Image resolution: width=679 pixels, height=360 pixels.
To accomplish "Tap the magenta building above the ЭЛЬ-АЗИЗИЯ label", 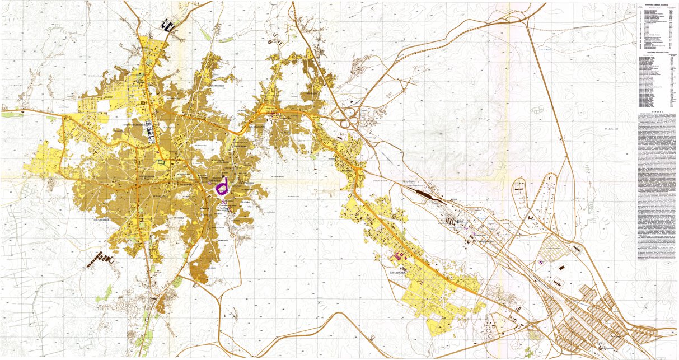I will coord(399,256).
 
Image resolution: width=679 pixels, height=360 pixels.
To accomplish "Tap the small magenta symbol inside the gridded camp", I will coord(541,261).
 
